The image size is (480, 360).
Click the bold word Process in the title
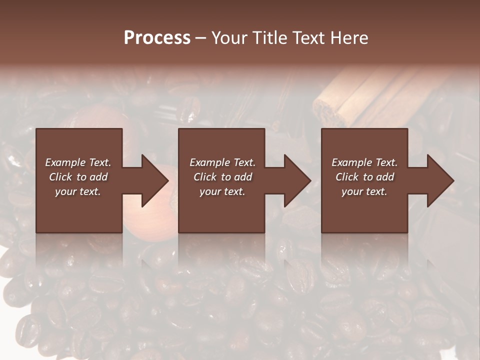pyautogui.click(x=157, y=38)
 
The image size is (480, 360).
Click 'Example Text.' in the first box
pyautogui.click(x=78, y=162)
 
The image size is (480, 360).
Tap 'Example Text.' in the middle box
pyautogui.click(x=222, y=162)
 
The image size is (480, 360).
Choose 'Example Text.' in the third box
pyautogui.click(x=364, y=162)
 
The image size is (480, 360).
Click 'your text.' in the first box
pyautogui.click(x=78, y=191)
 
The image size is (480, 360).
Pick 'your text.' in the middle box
pyautogui.click(x=222, y=191)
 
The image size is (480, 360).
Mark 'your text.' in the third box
pyautogui.click(x=364, y=191)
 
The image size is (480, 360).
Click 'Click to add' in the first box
pyautogui.click(x=78, y=177)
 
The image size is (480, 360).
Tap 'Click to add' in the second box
pyautogui.click(x=222, y=177)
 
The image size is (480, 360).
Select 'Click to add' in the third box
pyautogui.click(x=364, y=177)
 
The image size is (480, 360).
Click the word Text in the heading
pyautogui.click(x=308, y=38)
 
